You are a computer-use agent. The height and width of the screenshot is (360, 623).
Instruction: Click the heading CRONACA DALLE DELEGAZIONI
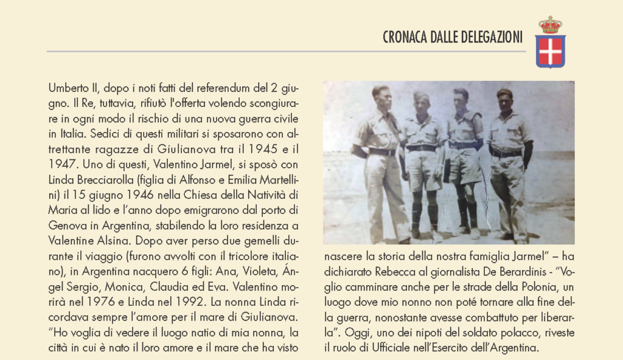click(x=452, y=38)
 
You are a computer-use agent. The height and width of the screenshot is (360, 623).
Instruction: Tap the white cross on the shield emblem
click(x=551, y=51)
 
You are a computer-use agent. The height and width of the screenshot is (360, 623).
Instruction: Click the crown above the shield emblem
click(x=551, y=25)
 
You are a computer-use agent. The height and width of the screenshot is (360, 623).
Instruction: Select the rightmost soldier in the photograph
click(x=508, y=161)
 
